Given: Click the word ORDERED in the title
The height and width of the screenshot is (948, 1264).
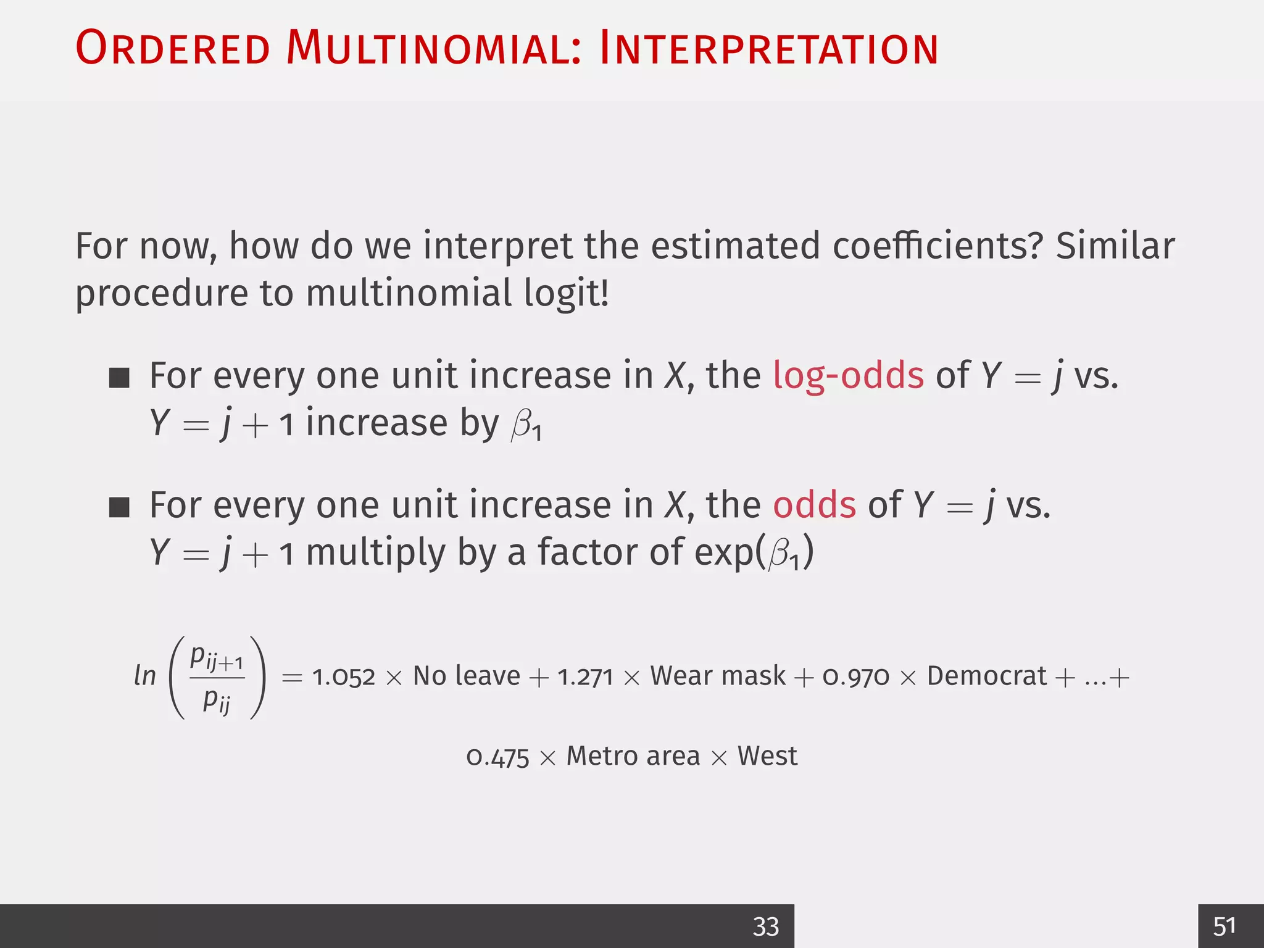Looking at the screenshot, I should pyautogui.click(x=173, y=48).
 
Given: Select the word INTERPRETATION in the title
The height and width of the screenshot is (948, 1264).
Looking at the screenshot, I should pyautogui.click(x=768, y=48).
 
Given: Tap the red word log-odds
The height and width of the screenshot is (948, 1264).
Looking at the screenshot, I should pyautogui.click(x=848, y=375).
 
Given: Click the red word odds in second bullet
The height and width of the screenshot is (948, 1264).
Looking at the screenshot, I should pyautogui.click(x=814, y=505).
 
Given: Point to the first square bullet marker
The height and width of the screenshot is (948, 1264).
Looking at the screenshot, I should pyautogui.click(x=119, y=378).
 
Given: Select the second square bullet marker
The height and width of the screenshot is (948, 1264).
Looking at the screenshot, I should pyautogui.click(x=119, y=507).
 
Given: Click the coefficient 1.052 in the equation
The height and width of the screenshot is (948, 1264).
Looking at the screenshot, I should pyautogui.click(x=344, y=677).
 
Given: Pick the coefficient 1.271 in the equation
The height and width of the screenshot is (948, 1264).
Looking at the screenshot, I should pyautogui.click(x=585, y=677).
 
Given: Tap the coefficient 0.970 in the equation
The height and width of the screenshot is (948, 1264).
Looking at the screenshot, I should pyautogui.click(x=855, y=677).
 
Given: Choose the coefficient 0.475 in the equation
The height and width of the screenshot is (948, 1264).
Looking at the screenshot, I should pyautogui.click(x=497, y=757).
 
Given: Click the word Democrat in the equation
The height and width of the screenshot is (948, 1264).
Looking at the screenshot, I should pyautogui.click(x=986, y=676).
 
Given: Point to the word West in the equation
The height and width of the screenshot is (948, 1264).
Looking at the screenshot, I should pyautogui.click(x=767, y=756).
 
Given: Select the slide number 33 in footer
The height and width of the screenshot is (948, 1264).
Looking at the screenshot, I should pyautogui.click(x=766, y=926).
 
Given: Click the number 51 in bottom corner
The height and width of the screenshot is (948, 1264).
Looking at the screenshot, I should pyautogui.click(x=1224, y=926).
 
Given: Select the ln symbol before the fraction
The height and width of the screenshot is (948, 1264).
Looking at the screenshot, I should pyautogui.click(x=145, y=676).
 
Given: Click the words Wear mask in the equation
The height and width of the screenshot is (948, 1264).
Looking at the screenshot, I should pyautogui.click(x=718, y=676).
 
